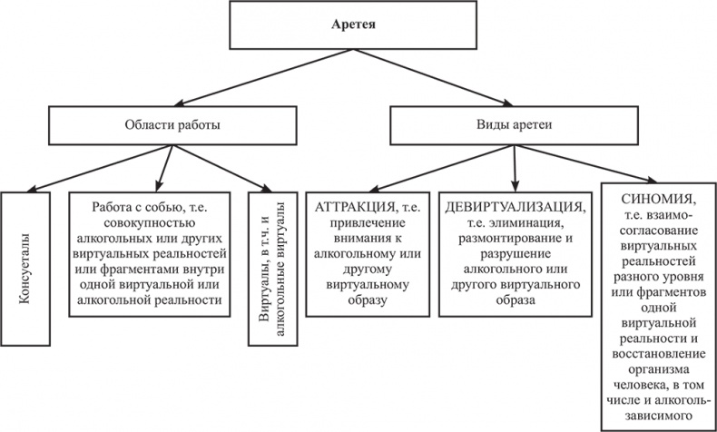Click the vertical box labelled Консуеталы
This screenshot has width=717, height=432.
(x=24, y=267)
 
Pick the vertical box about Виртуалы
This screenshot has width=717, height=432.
(x=271, y=267)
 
